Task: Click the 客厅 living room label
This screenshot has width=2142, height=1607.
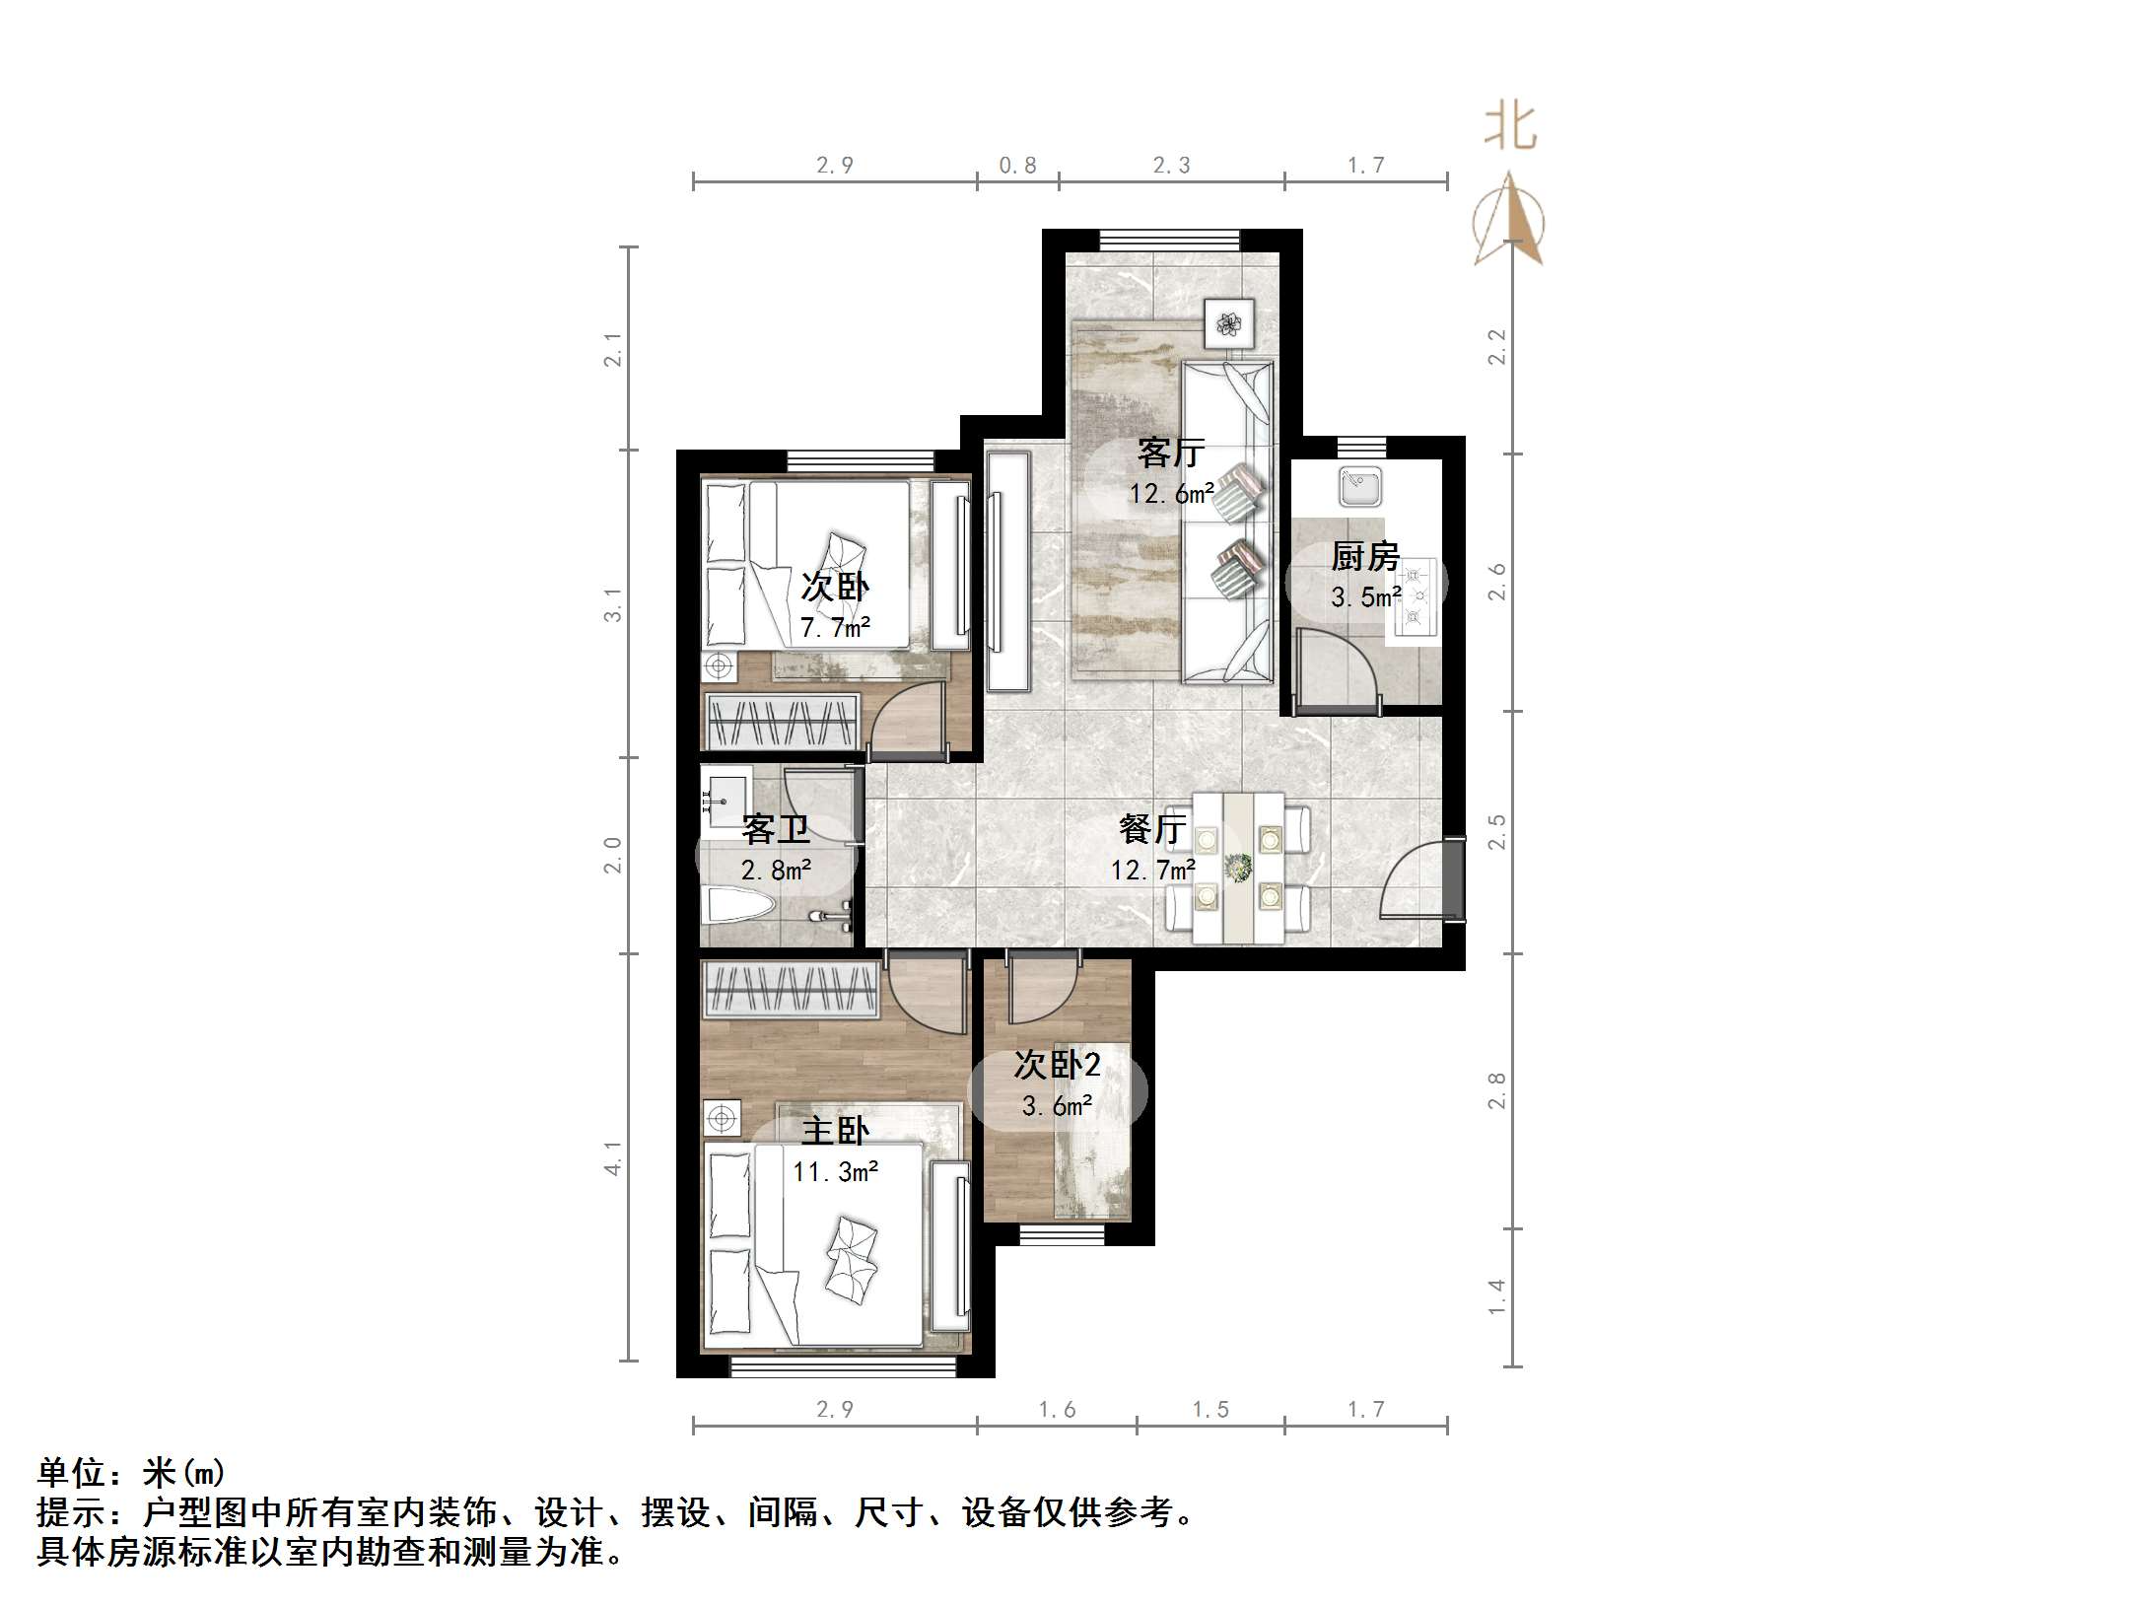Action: [x=1171, y=453]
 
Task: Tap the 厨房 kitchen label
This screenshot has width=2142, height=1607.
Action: [x=1365, y=557]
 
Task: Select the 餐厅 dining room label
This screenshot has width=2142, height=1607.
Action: [x=1152, y=829]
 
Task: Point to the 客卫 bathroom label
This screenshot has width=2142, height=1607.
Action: [x=776, y=829]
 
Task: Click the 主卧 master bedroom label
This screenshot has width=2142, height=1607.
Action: [x=835, y=1131]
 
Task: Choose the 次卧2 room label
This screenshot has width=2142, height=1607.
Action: [x=1057, y=1065]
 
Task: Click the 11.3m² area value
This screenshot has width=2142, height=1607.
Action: [x=836, y=1171]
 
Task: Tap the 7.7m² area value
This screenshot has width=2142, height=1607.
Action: [x=835, y=628]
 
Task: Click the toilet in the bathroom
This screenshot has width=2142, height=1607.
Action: [x=739, y=905]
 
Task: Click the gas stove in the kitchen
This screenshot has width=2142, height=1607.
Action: [x=1416, y=596]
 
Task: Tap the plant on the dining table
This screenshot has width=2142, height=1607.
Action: [x=1237, y=869]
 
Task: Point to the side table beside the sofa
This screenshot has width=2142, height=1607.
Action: [x=1228, y=322]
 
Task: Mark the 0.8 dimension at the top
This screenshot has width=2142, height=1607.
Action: [x=1017, y=166]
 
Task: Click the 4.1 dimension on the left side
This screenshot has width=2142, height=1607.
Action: [x=613, y=1158]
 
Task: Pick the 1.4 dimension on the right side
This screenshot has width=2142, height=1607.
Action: [x=1496, y=1296]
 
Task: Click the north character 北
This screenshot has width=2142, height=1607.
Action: [x=1511, y=128]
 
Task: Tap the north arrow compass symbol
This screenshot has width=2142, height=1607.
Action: [x=1509, y=222]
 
